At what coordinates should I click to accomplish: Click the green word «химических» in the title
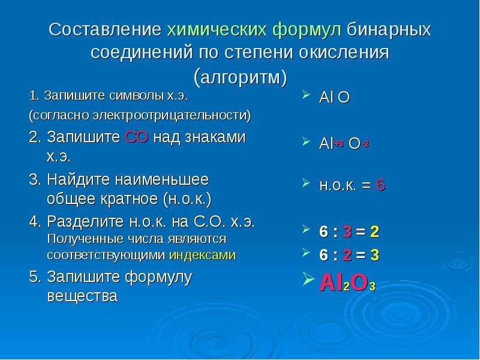pos(217,29)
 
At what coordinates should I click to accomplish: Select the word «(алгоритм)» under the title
pos(241,77)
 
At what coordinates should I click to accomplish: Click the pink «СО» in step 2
pos(137,137)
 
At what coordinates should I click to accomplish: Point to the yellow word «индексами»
pos(202,254)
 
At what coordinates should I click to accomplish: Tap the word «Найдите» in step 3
pos(79,179)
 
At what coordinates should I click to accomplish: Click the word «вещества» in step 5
pos(82,296)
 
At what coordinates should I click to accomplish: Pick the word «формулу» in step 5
pos(158,277)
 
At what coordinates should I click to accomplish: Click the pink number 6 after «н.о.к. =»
pos(380,185)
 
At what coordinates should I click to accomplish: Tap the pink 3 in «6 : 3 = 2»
pos(347,232)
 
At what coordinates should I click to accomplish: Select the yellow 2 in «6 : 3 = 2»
pos(374,232)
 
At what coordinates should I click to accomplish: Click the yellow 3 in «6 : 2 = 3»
pos(374,254)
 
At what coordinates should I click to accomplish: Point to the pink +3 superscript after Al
pos(339,143)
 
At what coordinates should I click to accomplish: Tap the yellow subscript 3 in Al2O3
pos(372,287)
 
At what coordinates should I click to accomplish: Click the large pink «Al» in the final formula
pos(332,282)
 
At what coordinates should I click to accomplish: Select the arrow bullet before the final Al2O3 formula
pos(308,278)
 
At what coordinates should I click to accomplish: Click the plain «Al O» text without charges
pos(334,98)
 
